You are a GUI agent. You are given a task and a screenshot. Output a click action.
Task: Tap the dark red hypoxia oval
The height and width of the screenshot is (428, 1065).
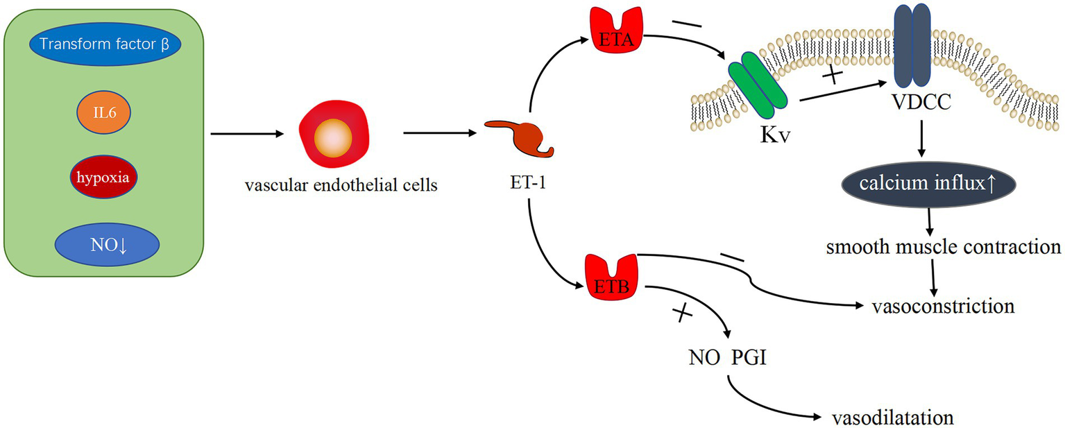point(103,176)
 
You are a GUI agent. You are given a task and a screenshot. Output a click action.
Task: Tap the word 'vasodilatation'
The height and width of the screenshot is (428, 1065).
point(892,418)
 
